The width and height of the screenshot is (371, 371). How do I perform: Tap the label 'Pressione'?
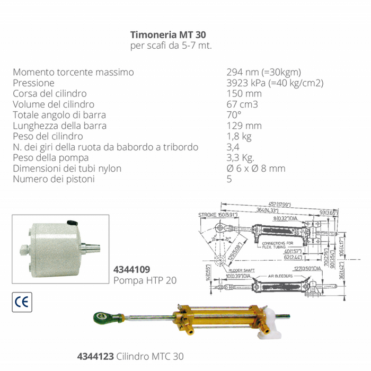coord(34,83)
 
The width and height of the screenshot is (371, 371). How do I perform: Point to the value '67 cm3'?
coord(242,104)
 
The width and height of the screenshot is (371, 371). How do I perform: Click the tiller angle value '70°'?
coord(234,115)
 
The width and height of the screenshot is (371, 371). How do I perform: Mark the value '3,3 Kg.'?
coord(241,158)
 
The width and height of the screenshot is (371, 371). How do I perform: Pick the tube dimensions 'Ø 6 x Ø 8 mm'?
coord(255,169)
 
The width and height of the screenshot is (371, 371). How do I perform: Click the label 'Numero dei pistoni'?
coord(54,179)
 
